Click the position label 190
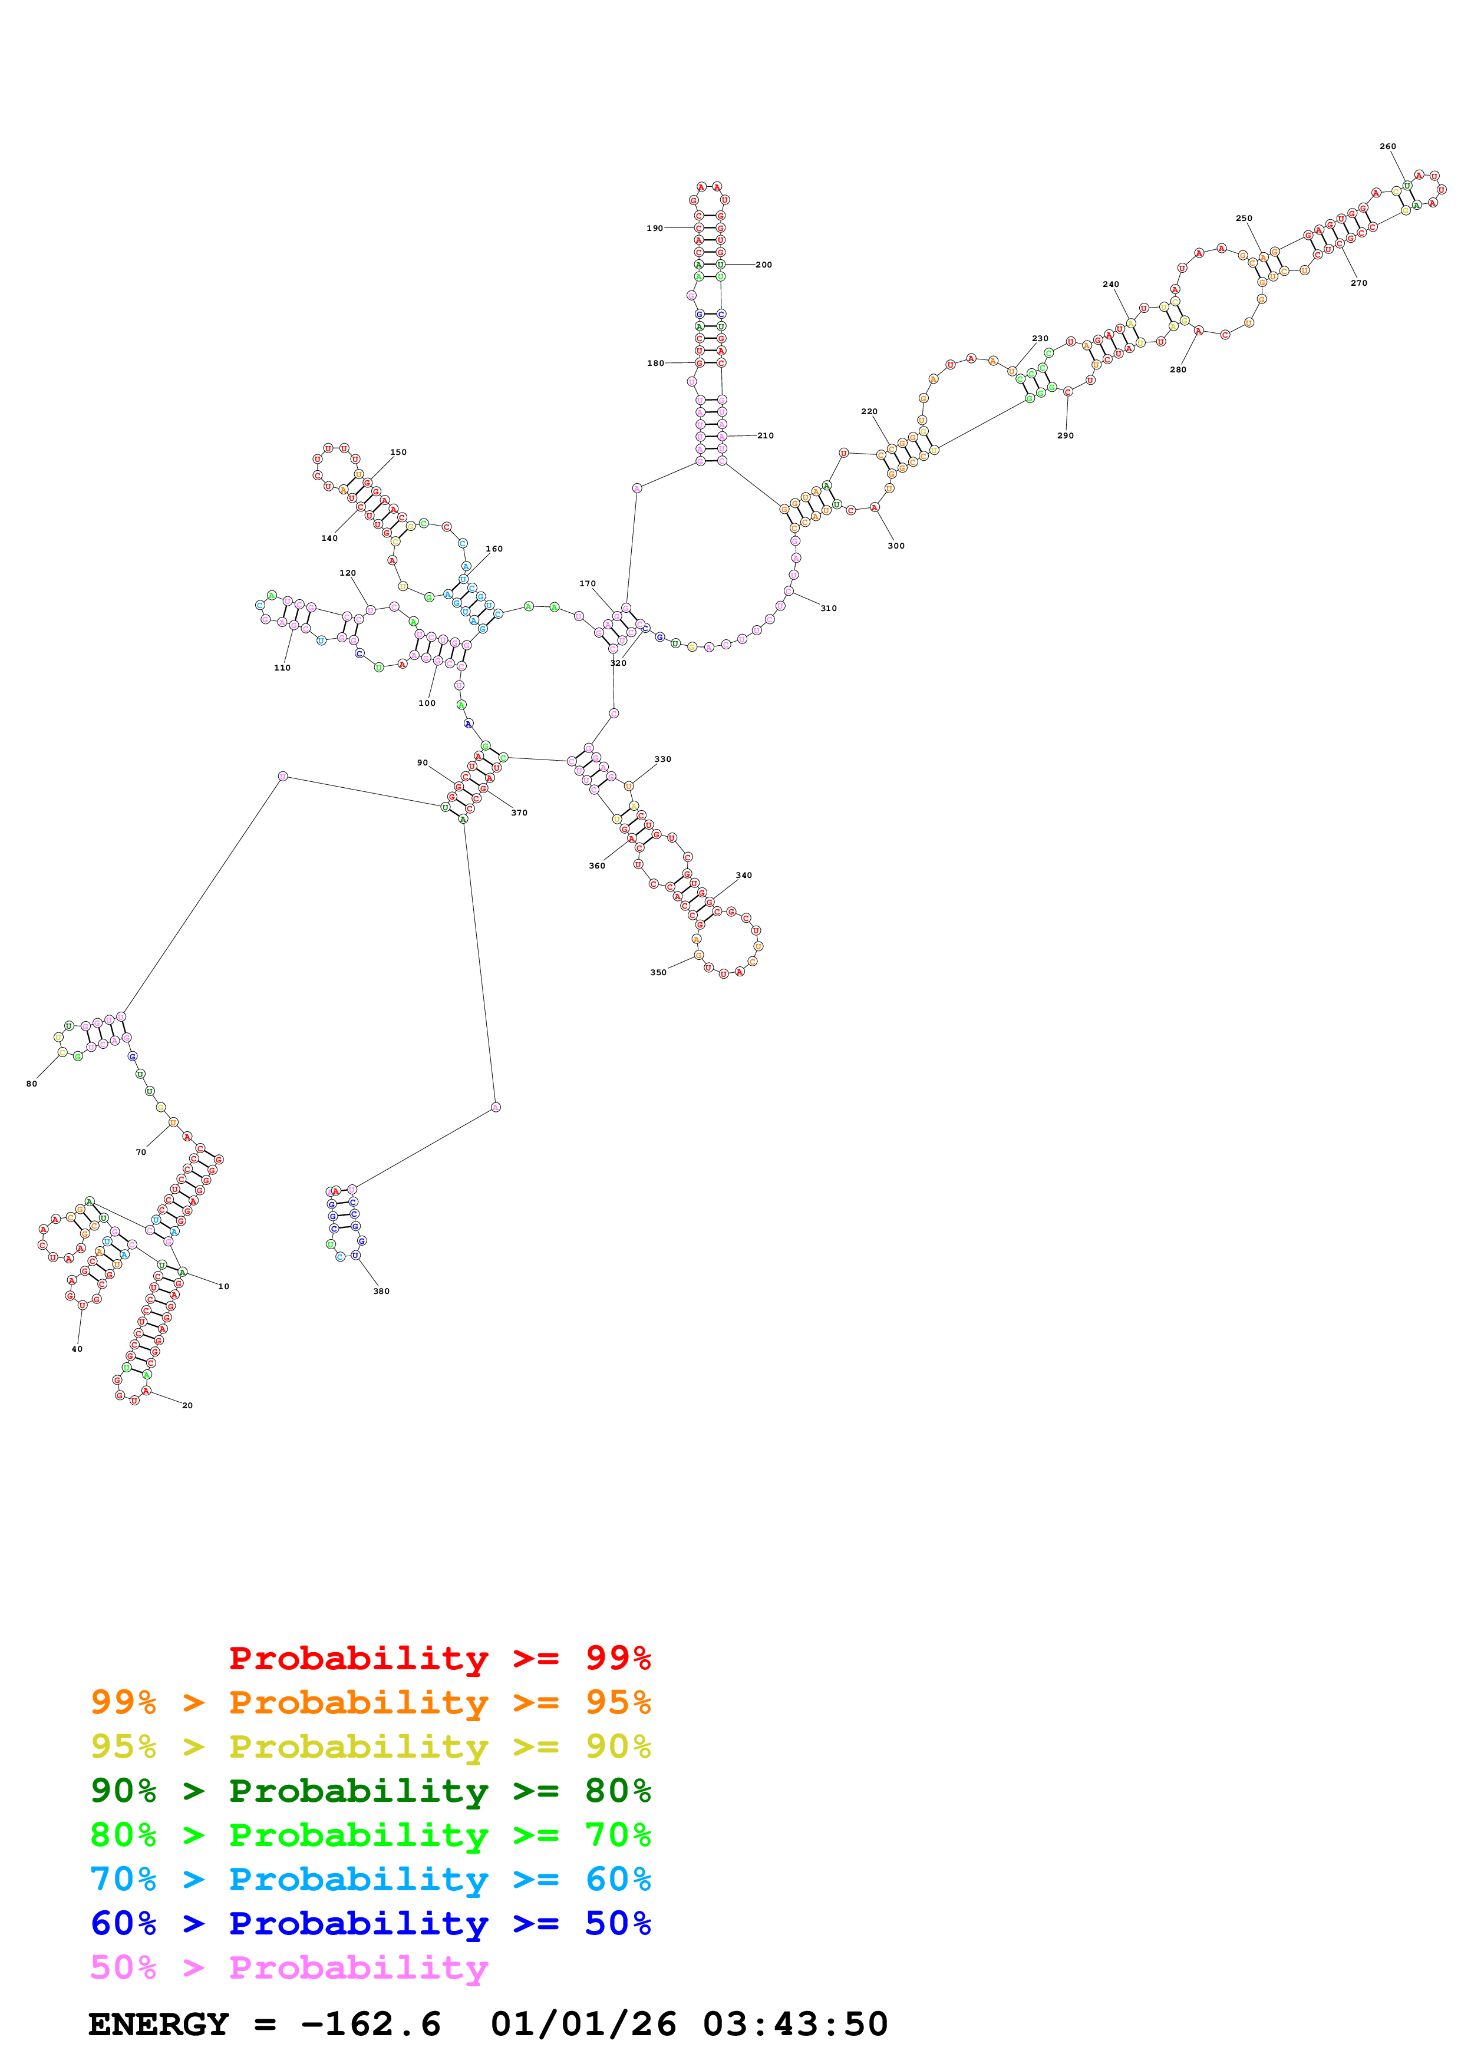[x=654, y=229]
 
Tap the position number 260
[x=1387, y=147]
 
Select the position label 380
[x=382, y=1291]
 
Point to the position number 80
[x=31, y=1084]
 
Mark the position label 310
[x=828, y=609]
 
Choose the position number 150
[x=398, y=453]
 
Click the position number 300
[x=896, y=546]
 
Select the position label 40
[x=77, y=1349]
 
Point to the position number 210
[x=765, y=435]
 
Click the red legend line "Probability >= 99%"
[x=439, y=1658]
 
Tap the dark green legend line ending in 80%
[x=370, y=1791]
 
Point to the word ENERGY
[x=159, y=2025]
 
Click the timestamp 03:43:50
[x=795, y=2025]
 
